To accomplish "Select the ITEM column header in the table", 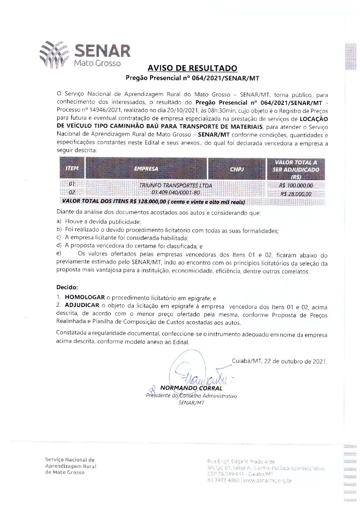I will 72,168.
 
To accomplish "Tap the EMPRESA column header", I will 146,168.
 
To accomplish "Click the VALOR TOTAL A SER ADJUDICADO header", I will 296,169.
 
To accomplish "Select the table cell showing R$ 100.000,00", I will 296,186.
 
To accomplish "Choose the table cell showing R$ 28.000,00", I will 296,194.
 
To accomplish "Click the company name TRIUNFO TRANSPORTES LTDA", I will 176,185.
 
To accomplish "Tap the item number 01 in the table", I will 72,184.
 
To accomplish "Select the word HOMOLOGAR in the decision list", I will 84,297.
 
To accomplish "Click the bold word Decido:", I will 67,287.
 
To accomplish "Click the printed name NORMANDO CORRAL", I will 191,388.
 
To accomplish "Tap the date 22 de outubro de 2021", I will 295,361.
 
